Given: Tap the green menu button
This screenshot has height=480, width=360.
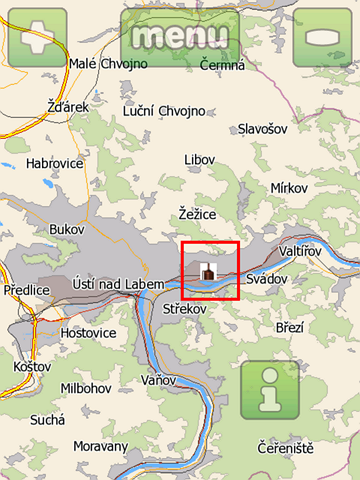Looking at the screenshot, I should tap(180, 36).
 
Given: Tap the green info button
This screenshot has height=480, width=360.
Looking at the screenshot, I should tap(269, 389).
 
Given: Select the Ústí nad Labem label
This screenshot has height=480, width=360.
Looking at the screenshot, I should tap(113, 286).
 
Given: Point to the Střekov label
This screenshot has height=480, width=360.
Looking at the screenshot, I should tap(184, 310).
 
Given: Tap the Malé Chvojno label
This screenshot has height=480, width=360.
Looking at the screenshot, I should tap(108, 64).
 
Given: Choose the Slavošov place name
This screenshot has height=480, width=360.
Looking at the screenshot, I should tap(262, 128).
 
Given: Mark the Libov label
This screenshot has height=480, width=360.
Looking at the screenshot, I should tap(200, 160).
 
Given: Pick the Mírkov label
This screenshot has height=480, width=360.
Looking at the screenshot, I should tap(292, 188).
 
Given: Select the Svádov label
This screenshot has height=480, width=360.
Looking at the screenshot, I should tap(266, 279).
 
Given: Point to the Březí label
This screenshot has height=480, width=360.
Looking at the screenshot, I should tap(289, 327).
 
